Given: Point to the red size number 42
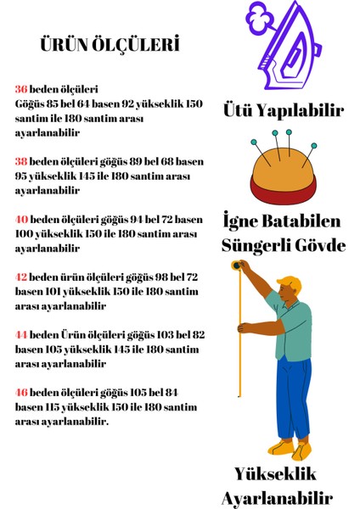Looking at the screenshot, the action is point(21,277).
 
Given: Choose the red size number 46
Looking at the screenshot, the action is point(21,393).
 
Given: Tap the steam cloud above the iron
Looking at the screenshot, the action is point(259,14).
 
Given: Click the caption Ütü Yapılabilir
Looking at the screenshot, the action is point(283,111).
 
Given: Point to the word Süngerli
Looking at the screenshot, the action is point(257,246).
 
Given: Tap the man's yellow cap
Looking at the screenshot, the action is point(290,282).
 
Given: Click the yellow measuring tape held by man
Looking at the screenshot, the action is point(240,339).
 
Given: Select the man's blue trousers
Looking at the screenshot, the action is point(293,399).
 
